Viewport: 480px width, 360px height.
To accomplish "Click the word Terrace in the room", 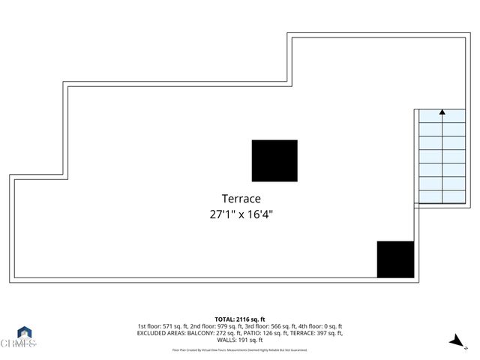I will pyautogui.click(x=241, y=199).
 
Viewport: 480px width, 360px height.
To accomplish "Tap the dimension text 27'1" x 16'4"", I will pyautogui.click(x=241, y=214).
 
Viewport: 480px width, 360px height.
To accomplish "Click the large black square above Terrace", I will pyautogui.click(x=274, y=160).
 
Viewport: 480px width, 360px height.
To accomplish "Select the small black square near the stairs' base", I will pyautogui.click(x=395, y=259).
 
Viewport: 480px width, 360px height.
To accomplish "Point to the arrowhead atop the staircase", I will pyautogui.click(x=442, y=112).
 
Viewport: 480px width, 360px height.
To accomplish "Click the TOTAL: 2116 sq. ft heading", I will pyautogui.click(x=240, y=319).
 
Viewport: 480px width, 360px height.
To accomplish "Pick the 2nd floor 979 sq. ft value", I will pyautogui.click(x=216, y=326).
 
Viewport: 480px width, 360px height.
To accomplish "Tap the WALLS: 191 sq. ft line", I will pyautogui.click(x=240, y=340).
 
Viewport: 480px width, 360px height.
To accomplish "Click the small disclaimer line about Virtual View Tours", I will pyautogui.click(x=240, y=349).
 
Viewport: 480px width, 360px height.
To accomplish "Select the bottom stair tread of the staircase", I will pyautogui.click(x=442, y=197).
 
